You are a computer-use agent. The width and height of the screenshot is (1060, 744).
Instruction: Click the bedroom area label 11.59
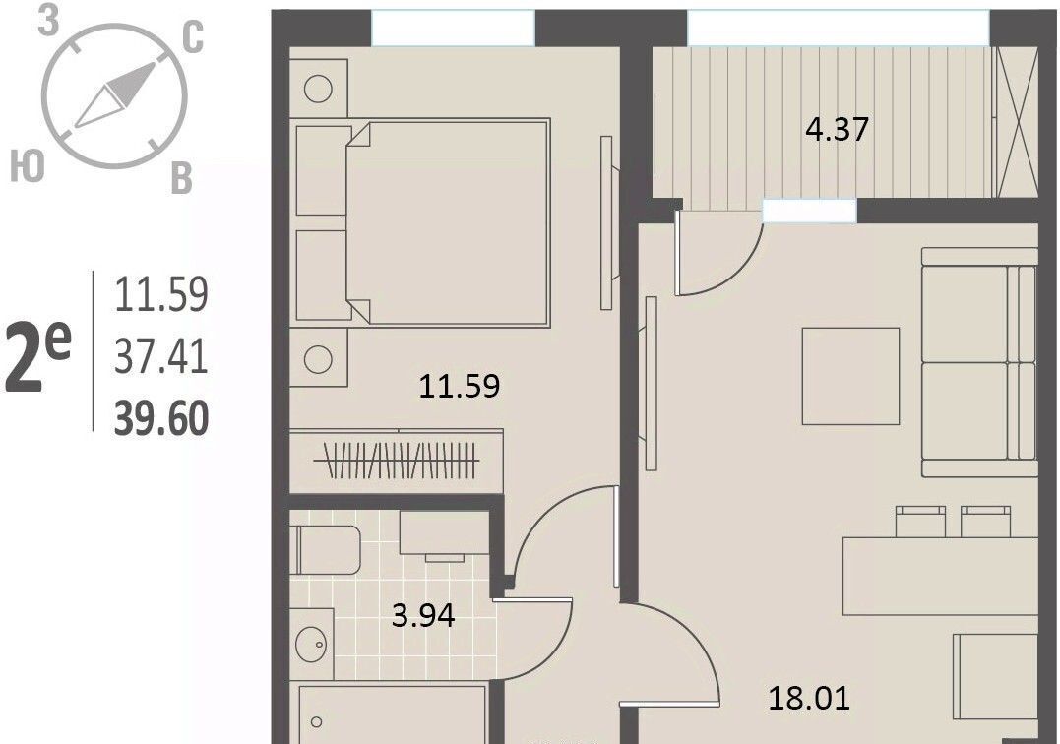460,387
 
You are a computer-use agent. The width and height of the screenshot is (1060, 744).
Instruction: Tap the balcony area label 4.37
837,128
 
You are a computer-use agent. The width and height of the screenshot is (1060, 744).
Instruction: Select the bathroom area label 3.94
423,616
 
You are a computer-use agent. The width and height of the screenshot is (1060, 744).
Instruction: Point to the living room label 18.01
809,698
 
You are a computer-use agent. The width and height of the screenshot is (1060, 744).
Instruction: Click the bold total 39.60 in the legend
161,419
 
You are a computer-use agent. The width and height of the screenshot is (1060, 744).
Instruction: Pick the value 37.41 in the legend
160,356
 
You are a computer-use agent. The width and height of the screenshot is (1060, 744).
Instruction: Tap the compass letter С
193,36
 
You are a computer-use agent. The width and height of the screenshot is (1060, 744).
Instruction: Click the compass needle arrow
115,95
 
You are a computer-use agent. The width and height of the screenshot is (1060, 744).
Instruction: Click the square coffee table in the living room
850,376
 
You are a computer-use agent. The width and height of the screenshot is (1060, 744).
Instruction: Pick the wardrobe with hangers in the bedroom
397,462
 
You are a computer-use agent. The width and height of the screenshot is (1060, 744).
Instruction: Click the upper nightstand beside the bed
319,88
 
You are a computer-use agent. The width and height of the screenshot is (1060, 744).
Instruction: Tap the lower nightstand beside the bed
319,358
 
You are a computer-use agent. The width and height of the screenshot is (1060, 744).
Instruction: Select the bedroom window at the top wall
453,29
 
